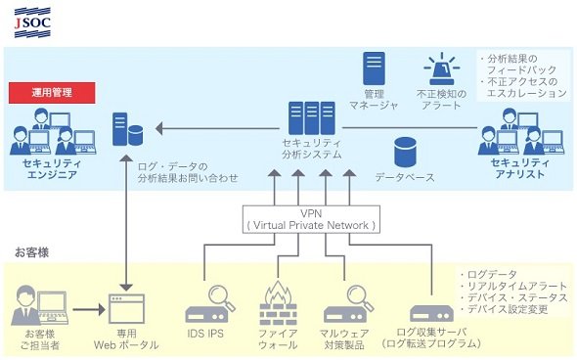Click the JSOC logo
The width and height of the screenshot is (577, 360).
(32, 22)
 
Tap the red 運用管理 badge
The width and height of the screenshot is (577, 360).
(52, 92)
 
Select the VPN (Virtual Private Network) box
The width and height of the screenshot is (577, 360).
(311, 219)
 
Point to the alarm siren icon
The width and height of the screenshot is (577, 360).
(442, 69)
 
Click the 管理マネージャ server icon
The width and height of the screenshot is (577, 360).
(374, 68)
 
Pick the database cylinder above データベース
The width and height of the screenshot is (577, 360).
(405, 152)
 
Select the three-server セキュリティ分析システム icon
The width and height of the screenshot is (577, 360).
(312, 118)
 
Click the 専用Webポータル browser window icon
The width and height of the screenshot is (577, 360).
(126, 309)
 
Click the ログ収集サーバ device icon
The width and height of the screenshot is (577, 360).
(431, 314)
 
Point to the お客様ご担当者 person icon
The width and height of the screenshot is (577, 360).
(40, 306)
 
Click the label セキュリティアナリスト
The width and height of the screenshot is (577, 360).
(519, 168)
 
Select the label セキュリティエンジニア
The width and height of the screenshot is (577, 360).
(52, 169)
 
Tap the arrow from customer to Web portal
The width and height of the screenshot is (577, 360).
(89, 309)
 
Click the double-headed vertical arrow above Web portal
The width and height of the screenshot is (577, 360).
(126, 223)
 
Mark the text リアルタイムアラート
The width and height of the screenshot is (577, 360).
(516, 286)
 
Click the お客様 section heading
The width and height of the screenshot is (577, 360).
(32, 253)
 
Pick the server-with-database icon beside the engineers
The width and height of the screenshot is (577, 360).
(127, 129)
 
